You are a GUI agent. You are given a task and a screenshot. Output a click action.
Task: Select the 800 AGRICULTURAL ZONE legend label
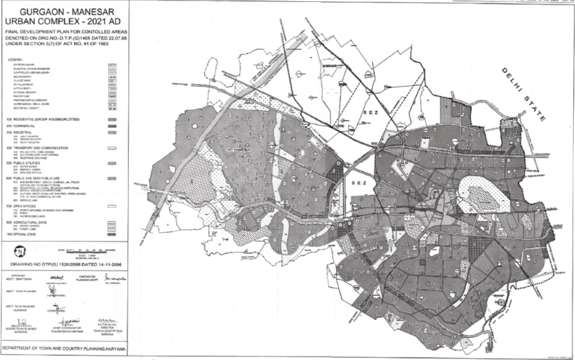click(29, 221)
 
